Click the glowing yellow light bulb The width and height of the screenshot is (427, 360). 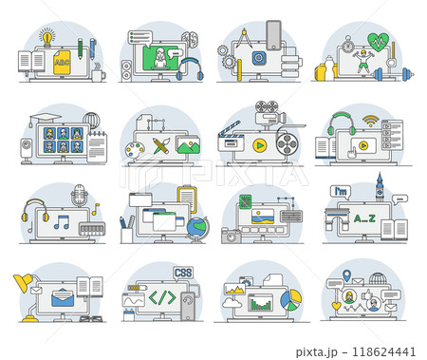coord(46,37)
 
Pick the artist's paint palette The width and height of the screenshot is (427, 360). coord(137,148)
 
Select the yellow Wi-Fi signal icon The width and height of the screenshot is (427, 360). coord(370,122)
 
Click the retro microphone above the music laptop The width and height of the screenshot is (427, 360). coord(79,196)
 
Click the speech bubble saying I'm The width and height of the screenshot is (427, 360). coord(340,192)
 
